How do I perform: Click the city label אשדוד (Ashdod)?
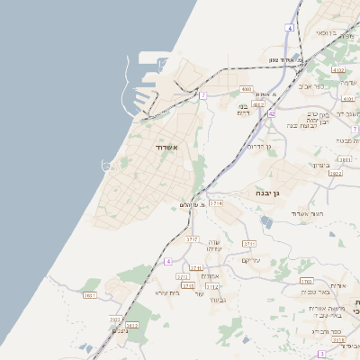point(166,147)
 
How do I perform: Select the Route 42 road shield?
point(271,114)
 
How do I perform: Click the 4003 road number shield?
point(247,89)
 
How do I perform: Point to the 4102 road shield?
point(338,69)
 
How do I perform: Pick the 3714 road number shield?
point(216,204)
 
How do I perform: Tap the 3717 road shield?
point(192,239)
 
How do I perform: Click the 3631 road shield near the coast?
point(89,295)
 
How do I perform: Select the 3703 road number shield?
point(306,281)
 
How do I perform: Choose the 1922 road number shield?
point(336,173)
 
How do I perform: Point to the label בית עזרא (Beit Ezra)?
point(168,292)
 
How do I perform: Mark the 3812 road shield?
point(131,325)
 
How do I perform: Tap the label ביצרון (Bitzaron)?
point(323,165)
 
